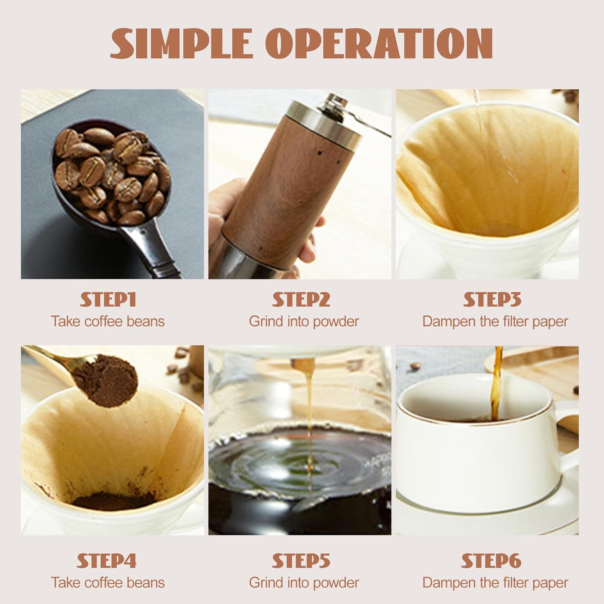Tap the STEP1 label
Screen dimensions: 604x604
108,300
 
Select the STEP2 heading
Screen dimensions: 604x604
301,300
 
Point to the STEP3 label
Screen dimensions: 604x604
492,300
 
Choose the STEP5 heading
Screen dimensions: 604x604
301,561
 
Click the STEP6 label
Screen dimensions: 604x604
491,561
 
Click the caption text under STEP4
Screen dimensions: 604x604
108,582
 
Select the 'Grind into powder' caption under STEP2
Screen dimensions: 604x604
304,321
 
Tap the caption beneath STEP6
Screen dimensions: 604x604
495,582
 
